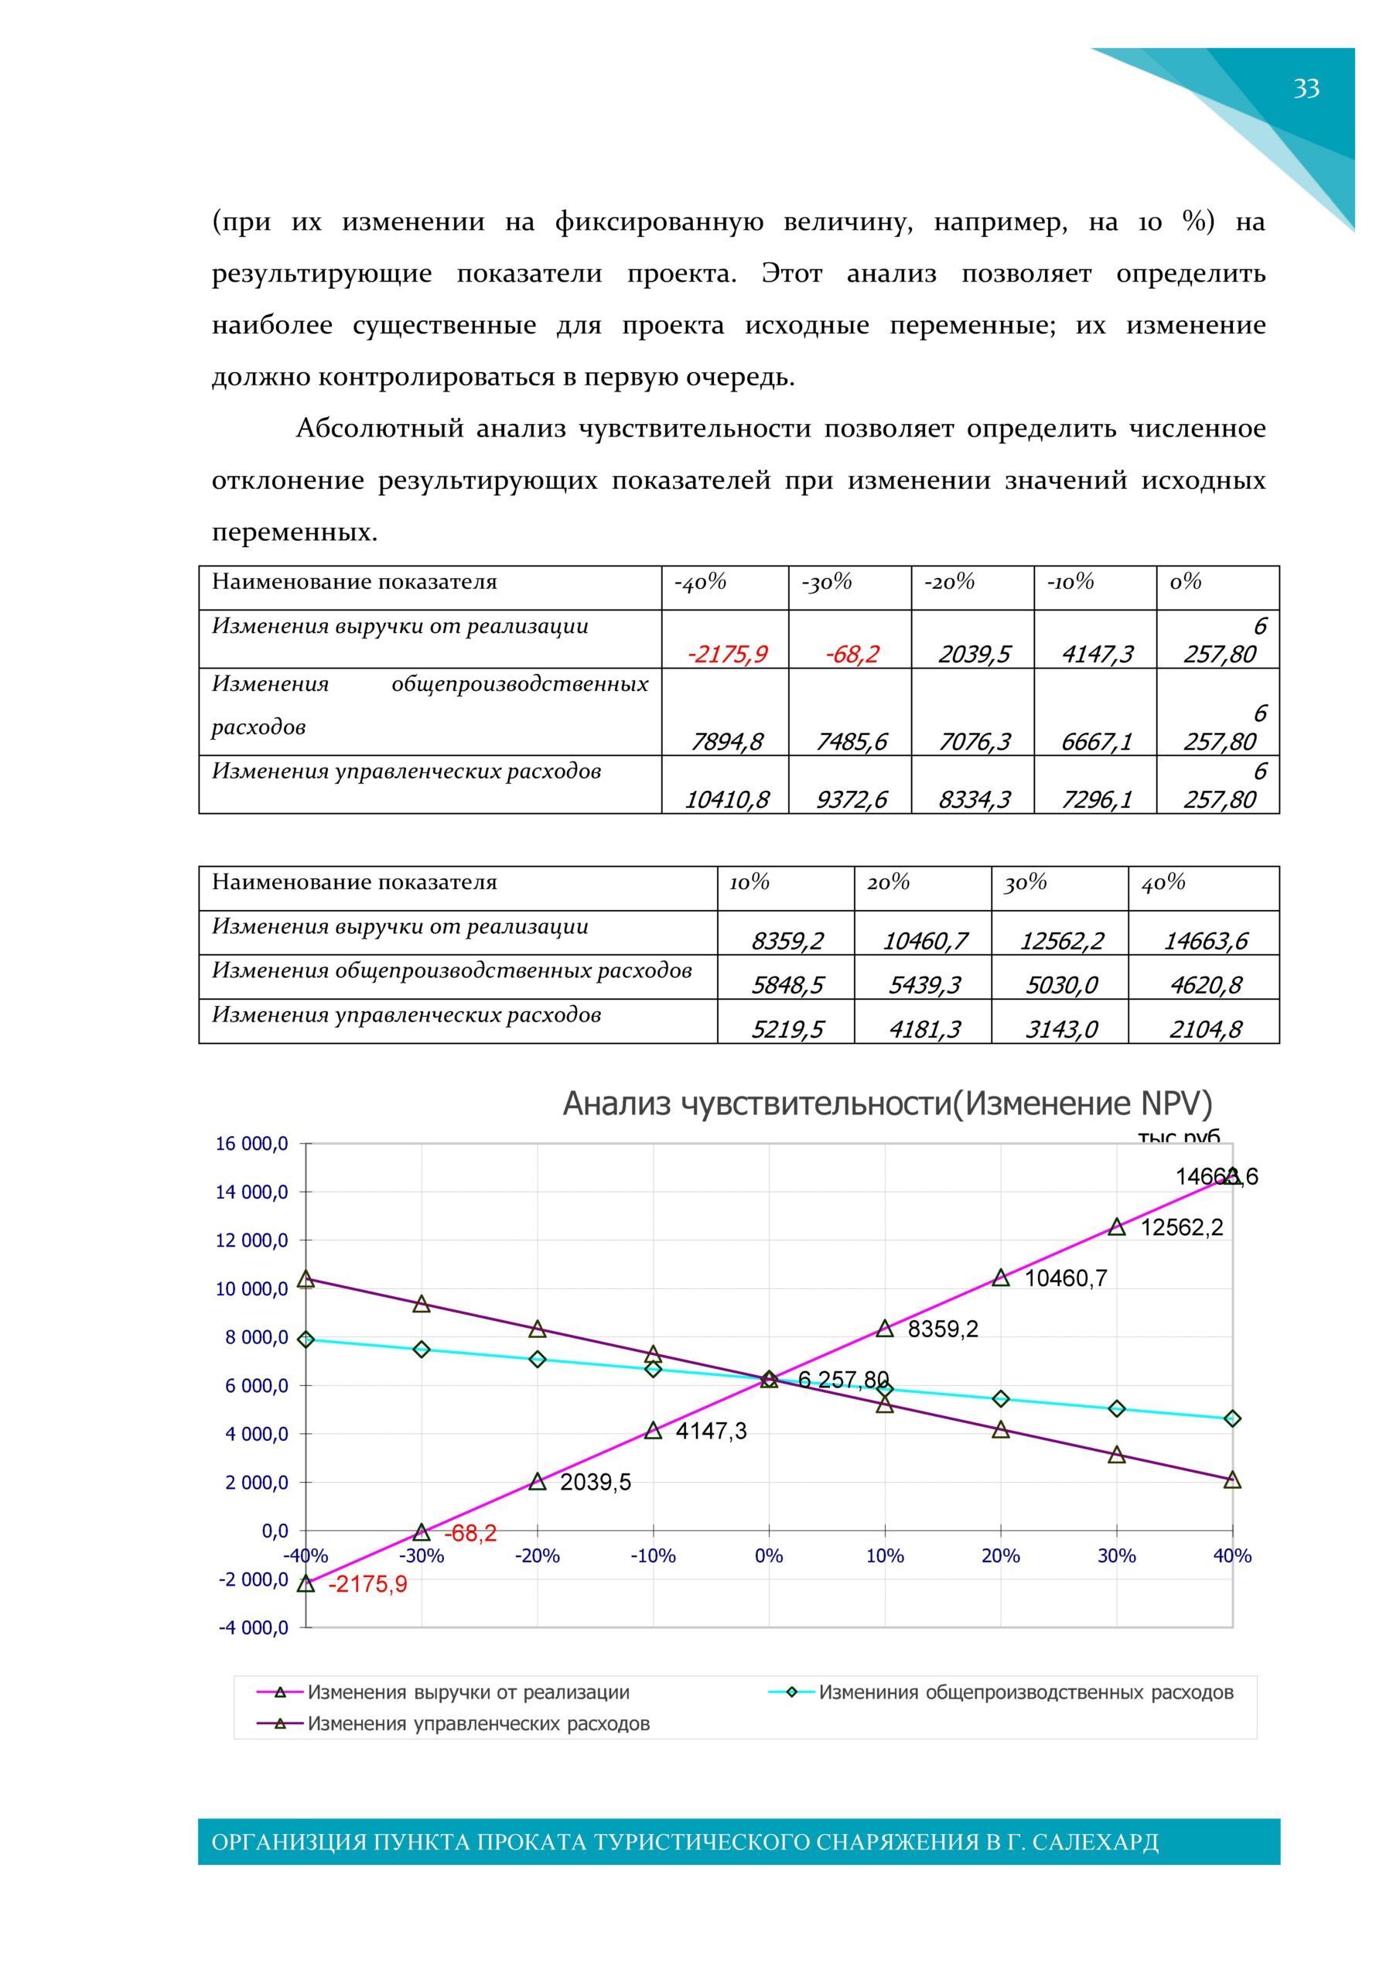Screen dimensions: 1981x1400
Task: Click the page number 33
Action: point(1306,88)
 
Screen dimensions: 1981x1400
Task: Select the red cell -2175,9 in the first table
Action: point(726,654)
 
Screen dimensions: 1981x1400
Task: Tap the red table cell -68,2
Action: point(852,654)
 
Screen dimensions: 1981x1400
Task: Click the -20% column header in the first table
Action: point(950,583)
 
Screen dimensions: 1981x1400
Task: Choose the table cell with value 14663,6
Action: point(1205,940)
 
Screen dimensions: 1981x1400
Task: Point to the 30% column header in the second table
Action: point(1026,883)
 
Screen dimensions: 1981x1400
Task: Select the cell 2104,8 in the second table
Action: point(1205,1028)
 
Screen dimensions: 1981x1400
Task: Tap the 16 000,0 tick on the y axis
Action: point(252,1144)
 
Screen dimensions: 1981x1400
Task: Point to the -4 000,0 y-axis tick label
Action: point(253,1628)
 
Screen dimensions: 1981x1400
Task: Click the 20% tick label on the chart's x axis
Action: point(1001,1555)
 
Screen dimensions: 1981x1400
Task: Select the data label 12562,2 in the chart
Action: point(1182,1228)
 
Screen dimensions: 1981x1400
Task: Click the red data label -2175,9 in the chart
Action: point(367,1585)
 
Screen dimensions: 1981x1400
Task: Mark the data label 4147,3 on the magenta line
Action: point(711,1432)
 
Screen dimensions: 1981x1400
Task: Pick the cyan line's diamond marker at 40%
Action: point(1233,1418)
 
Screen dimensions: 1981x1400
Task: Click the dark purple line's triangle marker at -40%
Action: point(306,1278)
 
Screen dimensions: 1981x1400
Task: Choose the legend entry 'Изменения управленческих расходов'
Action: point(478,1724)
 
